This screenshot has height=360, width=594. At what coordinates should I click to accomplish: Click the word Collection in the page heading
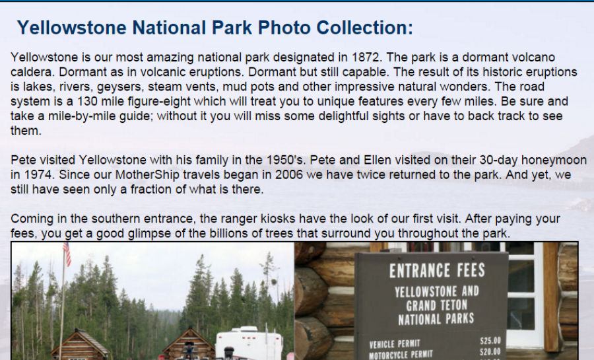tap(364, 28)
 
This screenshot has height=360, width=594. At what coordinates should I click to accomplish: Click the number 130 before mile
tap(88, 102)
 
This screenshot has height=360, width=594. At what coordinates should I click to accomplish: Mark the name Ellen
tap(378, 160)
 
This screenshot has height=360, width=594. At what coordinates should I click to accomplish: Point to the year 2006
tap(289, 174)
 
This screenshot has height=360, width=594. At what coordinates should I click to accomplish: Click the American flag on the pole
tap(67, 254)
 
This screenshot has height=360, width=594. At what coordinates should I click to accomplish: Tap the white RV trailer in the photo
tap(249, 343)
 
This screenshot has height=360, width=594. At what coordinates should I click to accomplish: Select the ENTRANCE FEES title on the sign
tap(437, 271)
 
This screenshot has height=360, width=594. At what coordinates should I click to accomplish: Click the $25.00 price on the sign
tap(490, 341)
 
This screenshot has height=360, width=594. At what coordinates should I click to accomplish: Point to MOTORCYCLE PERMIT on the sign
tap(401, 355)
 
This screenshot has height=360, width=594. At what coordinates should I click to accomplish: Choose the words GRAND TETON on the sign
tap(436, 305)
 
